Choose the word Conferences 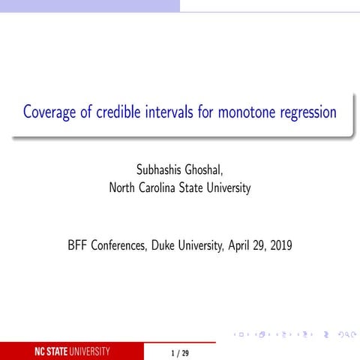tap(124, 245)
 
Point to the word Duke tap(173, 245)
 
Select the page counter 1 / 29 tap(180, 352)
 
